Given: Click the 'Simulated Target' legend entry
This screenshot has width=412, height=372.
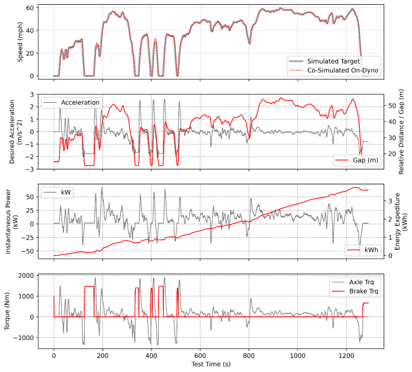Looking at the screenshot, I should tap(333, 61).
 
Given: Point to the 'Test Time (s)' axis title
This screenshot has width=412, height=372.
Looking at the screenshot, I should tap(211, 364).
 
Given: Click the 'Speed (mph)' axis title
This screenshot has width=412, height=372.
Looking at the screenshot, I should tap(20, 42).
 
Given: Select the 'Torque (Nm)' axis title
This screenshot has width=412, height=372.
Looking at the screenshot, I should tap(7, 311).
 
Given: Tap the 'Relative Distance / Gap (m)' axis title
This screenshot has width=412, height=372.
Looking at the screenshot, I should tap(401, 132).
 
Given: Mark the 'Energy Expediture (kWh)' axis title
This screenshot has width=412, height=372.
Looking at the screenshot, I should tap(401, 221).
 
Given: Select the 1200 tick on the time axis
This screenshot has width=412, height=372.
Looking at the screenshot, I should tap(346, 356).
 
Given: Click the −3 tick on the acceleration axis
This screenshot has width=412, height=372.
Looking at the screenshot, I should tap(31, 169).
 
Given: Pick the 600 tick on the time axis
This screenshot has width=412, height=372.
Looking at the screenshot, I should tap(200, 356).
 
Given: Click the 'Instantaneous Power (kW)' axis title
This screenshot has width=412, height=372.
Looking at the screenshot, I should tap(11, 221).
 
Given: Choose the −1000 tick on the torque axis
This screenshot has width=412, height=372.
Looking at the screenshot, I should tap(24, 338).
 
